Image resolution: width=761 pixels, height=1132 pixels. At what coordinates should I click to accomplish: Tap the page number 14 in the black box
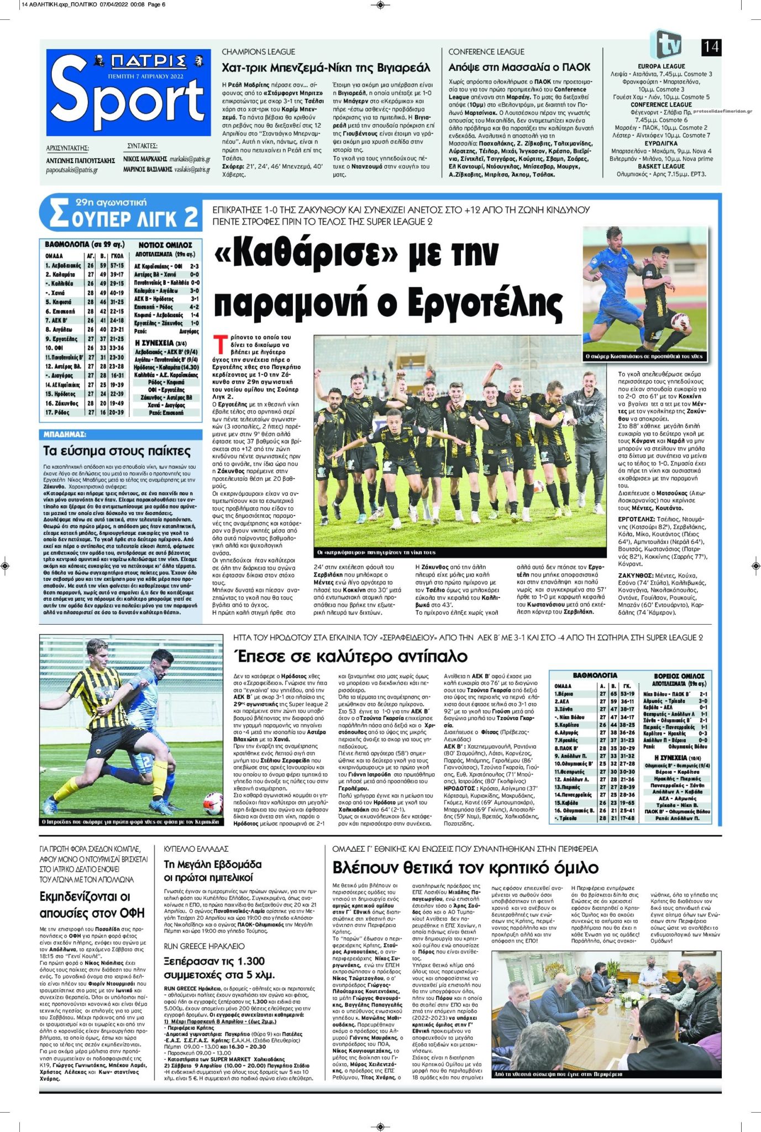(711, 47)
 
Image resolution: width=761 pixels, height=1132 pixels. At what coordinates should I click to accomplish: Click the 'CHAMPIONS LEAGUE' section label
(258, 52)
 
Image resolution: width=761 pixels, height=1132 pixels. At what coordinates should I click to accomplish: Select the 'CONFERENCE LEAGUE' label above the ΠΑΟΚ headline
(486, 52)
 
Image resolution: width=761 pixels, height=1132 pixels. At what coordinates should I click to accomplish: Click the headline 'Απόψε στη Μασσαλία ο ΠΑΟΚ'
(519, 67)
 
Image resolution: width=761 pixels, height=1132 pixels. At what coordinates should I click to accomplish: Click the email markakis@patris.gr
(190, 159)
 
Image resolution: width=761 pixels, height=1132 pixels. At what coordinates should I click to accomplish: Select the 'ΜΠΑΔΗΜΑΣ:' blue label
(65, 434)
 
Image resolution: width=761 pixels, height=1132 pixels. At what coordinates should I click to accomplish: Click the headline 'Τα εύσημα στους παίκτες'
(117, 451)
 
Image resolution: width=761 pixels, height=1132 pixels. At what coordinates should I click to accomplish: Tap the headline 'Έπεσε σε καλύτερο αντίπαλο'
(350, 657)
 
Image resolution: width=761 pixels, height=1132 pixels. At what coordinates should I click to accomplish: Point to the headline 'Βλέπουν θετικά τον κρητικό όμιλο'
(465, 867)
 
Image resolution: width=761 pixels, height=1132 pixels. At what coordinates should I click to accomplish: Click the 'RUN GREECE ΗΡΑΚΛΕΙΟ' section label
(204, 946)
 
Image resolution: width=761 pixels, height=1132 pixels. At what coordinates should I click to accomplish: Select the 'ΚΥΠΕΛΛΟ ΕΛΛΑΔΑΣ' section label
(196, 848)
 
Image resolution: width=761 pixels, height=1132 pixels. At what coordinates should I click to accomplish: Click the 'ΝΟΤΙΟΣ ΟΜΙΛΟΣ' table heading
(165, 244)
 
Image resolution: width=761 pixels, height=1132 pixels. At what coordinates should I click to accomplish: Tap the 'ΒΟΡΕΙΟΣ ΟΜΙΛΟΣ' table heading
(679, 676)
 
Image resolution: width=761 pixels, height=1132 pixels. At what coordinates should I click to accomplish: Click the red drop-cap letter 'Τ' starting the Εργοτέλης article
(221, 343)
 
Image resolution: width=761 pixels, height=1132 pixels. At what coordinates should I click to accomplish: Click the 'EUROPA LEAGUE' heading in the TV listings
(661, 66)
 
